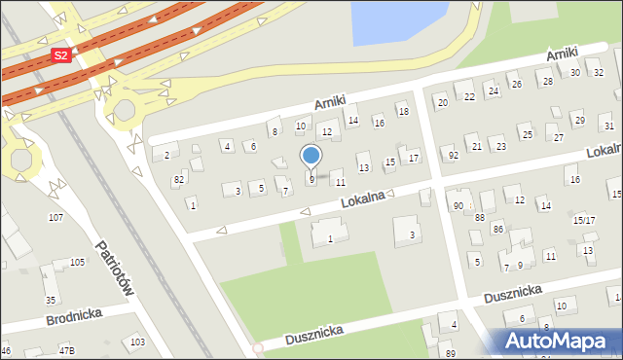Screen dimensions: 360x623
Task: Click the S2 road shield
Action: [60, 57]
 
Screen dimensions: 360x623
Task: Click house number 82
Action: [178, 180]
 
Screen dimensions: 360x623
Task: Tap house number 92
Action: [453, 156]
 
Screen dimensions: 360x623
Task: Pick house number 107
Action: [55, 216]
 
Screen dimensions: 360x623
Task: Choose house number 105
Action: [77, 264]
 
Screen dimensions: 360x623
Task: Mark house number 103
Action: [137, 342]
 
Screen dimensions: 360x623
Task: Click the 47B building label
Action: [66, 350]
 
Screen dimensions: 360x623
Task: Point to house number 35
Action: [51, 301]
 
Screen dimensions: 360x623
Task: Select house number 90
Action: [458, 205]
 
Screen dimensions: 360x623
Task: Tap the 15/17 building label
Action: [584, 221]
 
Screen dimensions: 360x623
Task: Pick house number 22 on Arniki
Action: [469, 96]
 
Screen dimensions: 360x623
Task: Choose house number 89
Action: [450, 352]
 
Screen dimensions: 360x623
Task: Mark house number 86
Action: [497, 229]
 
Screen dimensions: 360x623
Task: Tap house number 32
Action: [597, 73]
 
